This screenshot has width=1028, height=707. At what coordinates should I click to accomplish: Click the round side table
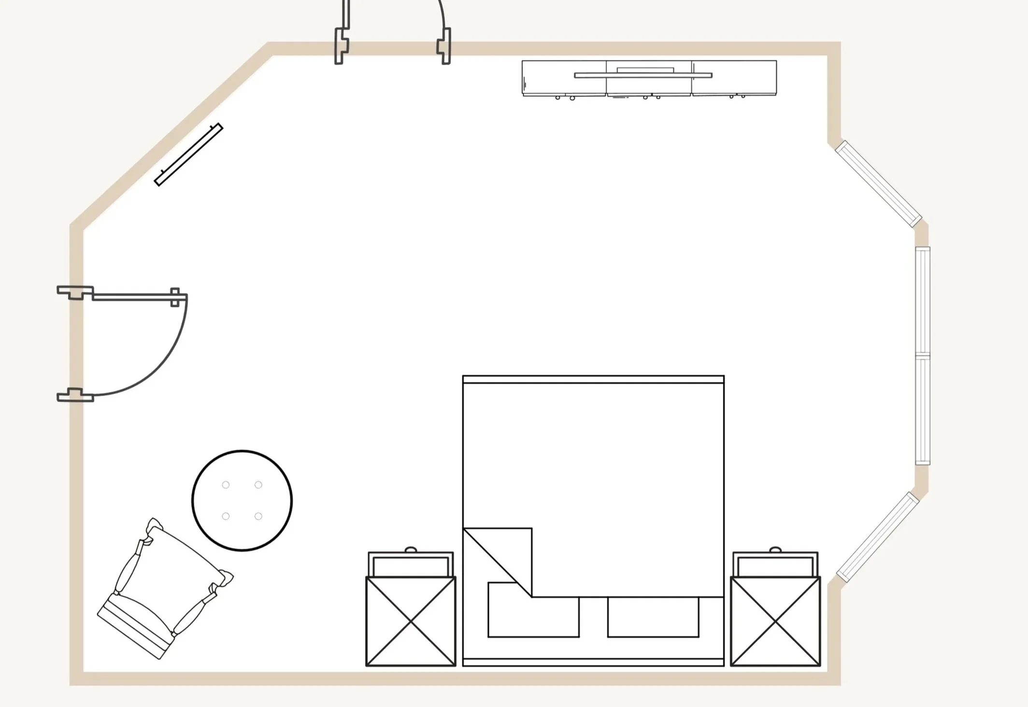pos(242,500)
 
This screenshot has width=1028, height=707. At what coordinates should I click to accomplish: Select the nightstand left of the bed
pos(411,620)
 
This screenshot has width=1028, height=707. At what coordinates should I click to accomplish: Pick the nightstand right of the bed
pos(775,620)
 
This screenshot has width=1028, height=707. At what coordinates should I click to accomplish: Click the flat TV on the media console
pos(643,75)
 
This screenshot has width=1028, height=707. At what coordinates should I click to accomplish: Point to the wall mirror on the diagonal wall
pos(188,154)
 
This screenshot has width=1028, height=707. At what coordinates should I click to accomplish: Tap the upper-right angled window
pos(878,184)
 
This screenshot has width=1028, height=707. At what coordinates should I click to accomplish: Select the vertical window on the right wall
pos(923,356)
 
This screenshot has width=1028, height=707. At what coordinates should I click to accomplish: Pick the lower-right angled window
pos(878,537)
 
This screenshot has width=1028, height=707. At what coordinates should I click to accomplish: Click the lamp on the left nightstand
pos(411,550)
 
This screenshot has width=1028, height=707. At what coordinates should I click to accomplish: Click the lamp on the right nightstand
pos(775,550)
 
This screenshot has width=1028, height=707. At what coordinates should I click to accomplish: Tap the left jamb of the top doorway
pos(342,46)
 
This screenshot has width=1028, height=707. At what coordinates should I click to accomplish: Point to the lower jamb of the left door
pos(75,395)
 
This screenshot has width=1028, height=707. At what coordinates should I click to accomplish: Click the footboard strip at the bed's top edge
pos(593,379)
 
